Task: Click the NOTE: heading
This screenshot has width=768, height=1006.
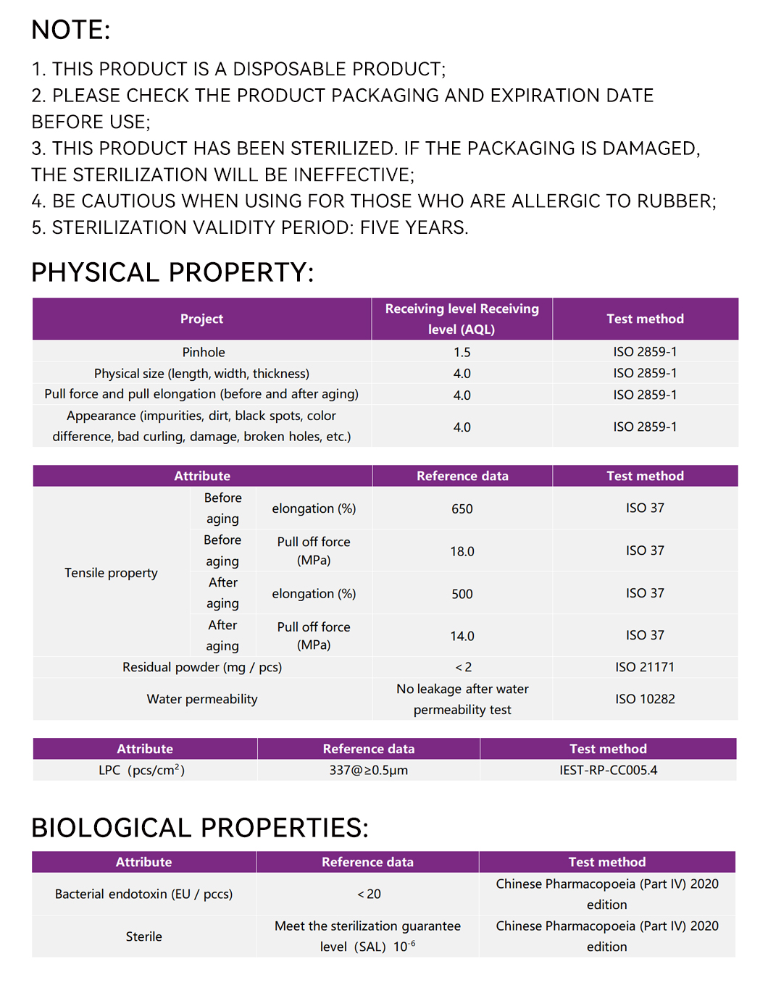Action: tap(71, 30)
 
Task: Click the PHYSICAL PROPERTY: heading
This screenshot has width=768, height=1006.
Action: tap(172, 272)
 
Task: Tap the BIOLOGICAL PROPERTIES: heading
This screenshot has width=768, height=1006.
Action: tap(200, 828)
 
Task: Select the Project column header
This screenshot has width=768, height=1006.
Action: tap(201, 319)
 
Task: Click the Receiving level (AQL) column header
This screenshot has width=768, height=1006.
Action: tap(462, 319)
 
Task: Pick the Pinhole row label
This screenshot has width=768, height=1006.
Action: tap(204, 352)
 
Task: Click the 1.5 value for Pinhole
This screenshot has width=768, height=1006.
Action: tap(462, 352)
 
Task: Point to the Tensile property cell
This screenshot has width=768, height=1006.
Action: tap(111, 573)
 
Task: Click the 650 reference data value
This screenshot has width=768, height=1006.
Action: tap(462, 508)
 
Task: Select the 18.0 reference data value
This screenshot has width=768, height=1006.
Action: tap(462, 551)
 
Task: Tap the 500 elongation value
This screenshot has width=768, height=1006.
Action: tap(462, 594)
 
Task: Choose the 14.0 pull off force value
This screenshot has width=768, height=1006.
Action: tap(462, 636)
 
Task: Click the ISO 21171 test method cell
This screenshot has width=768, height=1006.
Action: tap(645, 667)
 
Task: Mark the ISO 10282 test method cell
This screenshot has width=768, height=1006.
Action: tap(645, 699)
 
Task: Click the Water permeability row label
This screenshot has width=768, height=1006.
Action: tap(202, 699)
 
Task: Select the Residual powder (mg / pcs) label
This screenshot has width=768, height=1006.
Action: tap(202, 667)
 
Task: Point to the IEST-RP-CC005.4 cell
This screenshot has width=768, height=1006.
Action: tap(608, 770)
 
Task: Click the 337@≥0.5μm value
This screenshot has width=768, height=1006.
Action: tap(368, 770)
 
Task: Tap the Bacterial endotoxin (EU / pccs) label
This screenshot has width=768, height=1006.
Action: tap(143, 894)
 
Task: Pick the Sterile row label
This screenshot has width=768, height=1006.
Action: tap(143, 936)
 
